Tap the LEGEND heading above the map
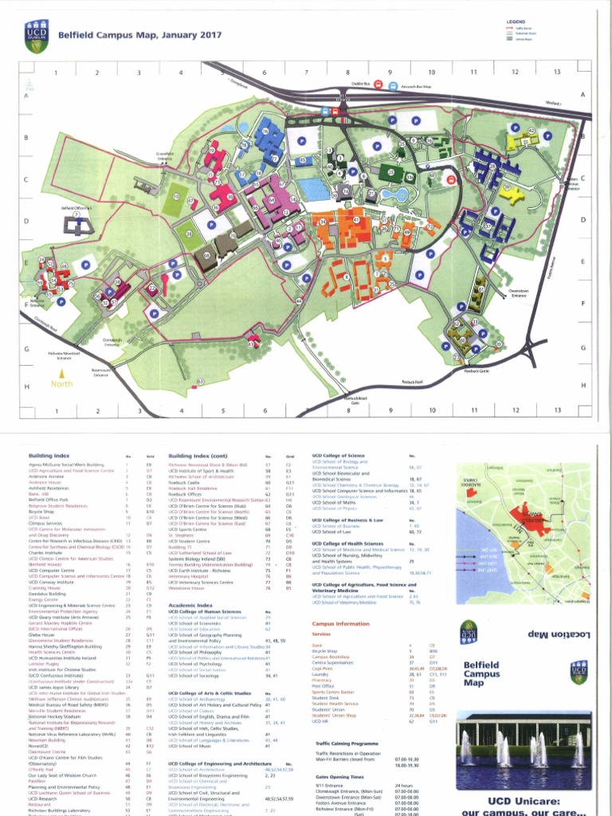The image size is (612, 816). coord(516,22)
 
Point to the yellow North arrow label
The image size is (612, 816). coord(62,384)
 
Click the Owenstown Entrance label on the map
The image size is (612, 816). coord(519,292)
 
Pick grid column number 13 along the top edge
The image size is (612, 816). coord(557,73)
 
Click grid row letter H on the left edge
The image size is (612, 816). coord(27,386)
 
